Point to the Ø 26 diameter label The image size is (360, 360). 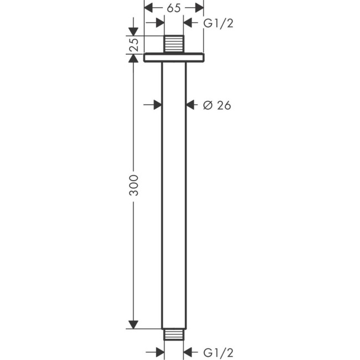coord(217,105)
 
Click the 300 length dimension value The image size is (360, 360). coord(133,186)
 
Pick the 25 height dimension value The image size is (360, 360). coord(133,45)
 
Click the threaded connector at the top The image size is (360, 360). coord(174,44)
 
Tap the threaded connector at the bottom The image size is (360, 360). coord(174,336)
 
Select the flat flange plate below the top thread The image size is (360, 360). coord(174,57)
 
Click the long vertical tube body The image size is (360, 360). coord(174,194)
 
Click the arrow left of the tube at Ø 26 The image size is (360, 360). coord(157,105)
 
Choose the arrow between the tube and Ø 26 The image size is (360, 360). coord(191,105)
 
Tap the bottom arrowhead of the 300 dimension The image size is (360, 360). coord(133,324)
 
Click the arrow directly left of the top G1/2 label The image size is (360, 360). coord(188,23)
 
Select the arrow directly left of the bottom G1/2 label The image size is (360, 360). coord(188,352)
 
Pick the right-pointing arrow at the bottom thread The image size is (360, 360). coord(160,352)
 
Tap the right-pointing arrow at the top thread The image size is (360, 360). coord(160,23)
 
